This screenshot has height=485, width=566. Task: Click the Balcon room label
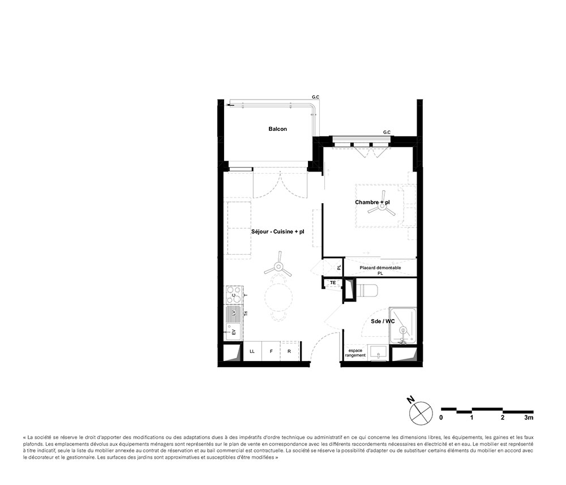(277, 129)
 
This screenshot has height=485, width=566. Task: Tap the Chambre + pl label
(372, 202)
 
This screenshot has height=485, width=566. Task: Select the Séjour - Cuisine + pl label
(277, 231)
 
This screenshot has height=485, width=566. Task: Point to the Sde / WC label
(383, 321)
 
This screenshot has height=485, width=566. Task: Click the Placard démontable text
(380, 268)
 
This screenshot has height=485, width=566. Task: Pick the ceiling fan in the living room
(278, 267)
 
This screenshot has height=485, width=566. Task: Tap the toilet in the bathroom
(365, 290)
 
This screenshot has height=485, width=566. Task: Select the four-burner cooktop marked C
(233, 295)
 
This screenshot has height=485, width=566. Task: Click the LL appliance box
(252, 351)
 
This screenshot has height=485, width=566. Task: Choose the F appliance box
(271, 351)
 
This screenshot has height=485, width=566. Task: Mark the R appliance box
(289, 351)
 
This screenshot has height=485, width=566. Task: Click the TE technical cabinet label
(333, 282)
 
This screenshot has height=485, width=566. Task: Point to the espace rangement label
(355, 353)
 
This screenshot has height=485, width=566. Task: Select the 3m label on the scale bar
(529, 418)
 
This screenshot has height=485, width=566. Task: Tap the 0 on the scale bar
(441, 418)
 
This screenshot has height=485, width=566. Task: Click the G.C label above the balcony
(315, 97)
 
